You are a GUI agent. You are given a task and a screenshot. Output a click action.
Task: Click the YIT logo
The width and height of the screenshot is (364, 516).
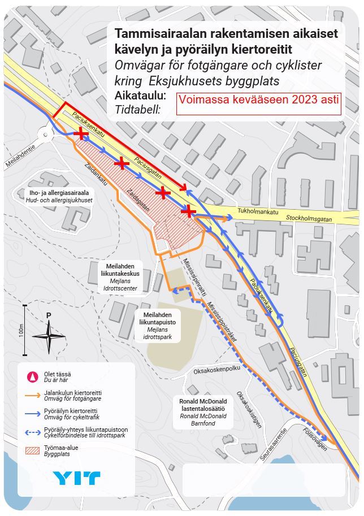coord(76,478)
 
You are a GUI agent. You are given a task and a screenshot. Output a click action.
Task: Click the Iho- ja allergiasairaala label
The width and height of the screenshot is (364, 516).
coord(59,196)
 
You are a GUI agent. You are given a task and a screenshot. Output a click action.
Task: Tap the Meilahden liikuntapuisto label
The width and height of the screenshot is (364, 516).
coord(158,325)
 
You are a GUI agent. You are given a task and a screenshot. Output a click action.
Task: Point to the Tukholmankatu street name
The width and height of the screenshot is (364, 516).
coord(258,212)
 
